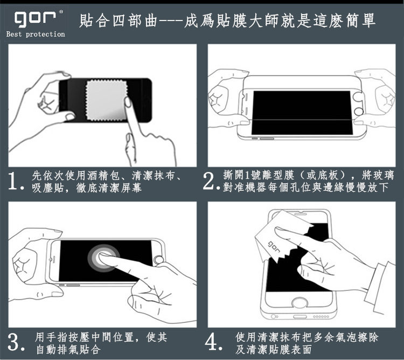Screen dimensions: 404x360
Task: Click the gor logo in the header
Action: pyautogui.click(x=35, y=19)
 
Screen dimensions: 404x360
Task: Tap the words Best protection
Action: pyautogui.click(x=36, y=34)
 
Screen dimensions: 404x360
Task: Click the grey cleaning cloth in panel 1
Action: pyautogui.click(x=107, y=100)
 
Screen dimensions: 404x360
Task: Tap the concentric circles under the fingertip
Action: pyautogui.click(x=103, y=258)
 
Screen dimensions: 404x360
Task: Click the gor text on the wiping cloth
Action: pyautogui.click(x=274, y=247)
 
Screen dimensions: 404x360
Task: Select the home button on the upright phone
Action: pyautogui.click(x=299, y=303)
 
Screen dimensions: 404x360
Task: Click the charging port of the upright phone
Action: pyautogui.click(x=300, y=316)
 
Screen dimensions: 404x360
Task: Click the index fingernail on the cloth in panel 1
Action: pyautogui.click(x=128, y=102)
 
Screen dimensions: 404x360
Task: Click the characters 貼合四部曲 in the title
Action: pyautogui.click(x=118, y=20)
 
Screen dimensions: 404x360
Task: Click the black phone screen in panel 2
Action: pyautogui.click(x=302, y=113)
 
